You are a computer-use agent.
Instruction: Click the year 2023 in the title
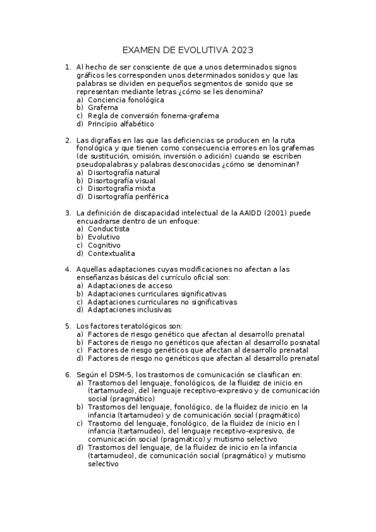click(x=242, y=50)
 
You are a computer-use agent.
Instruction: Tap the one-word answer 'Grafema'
click(x=103, y=108)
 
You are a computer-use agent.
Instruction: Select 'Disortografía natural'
click(x=124, y=173)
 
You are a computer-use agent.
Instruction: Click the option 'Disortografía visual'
click(x=122, y=181)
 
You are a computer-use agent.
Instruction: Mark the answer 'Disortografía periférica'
click(x=128, y=196)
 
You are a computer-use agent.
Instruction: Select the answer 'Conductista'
click(x=108, y=230)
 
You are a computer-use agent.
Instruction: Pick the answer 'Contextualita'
click(x=111, y=253)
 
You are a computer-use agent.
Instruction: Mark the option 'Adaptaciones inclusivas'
click(x=129, y=310)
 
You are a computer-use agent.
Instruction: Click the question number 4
click(x=68, y=270)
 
